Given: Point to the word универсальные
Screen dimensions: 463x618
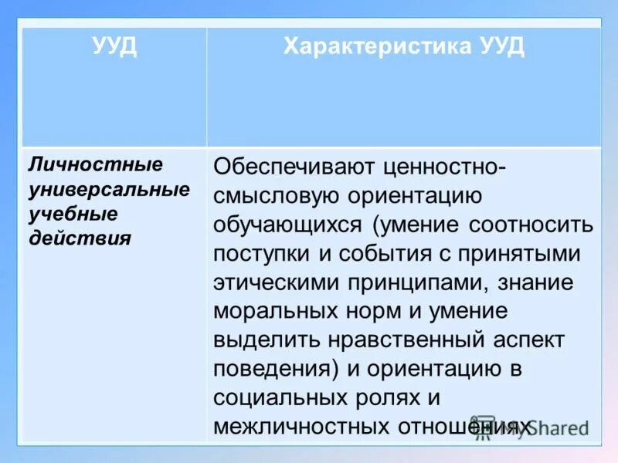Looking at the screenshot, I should pos(109,189).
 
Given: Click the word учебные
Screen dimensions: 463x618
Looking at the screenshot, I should pos(73,213).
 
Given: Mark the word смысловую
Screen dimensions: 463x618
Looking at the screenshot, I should pos(273,196).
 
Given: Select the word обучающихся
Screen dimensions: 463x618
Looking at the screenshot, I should pos(287,225).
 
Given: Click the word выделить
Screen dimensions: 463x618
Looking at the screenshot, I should pos(261,340).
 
